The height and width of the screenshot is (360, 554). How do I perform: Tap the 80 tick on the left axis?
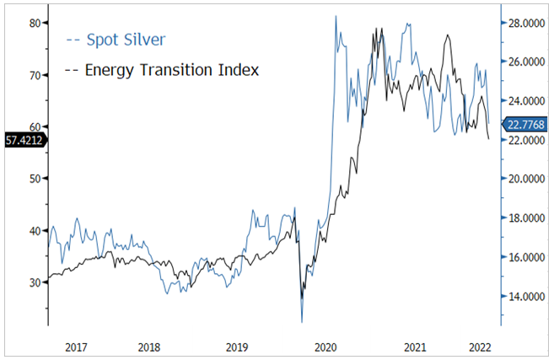(x=34, y=23)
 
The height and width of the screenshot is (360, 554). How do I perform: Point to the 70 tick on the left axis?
(x=34, y=75)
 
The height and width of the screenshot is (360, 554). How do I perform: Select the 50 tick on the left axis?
(x=34, y=179)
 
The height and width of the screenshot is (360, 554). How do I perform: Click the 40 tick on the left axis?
(x=34, y=230)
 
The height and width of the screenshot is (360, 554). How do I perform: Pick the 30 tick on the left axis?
(x=34, y=282)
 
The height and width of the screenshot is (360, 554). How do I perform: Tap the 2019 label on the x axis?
(x=236, y=346)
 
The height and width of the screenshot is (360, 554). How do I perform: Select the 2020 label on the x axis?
(x=325, y=346)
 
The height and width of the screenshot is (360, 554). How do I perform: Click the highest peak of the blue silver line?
(x=336, y=16)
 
